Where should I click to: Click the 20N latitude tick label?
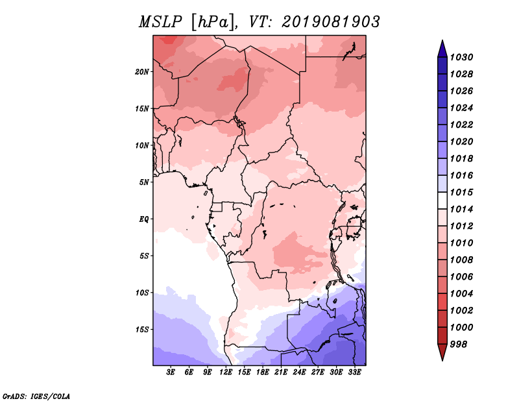(141, 72)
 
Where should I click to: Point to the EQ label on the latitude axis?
(143, 219)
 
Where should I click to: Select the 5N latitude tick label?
(144, 182)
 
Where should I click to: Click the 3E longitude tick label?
(171, 372)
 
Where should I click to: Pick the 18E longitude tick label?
(263, 372)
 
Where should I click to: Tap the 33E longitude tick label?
(354, 372)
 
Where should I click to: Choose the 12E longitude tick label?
(226, 372)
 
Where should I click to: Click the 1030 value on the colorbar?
(462, 57)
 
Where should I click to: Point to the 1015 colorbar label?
(462, 192)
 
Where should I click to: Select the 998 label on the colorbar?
(459, 345)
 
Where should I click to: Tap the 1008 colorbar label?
(462, 260)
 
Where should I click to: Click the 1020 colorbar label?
(462, 141)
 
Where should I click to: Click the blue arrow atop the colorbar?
(442, 50)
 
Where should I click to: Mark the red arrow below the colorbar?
(442, 351)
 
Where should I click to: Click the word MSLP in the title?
(160, 22)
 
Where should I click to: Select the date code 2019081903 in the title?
(331, 22)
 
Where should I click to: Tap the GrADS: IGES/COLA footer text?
(36, 396)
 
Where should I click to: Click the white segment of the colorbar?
(442, 200)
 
